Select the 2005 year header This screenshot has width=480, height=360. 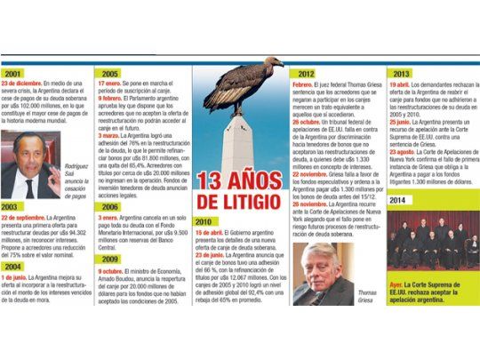[111, 73]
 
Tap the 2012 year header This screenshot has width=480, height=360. [308, 73]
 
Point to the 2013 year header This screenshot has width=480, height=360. [402, 73]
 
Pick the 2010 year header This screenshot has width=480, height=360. [204, 220]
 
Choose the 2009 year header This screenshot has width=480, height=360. [111, 259]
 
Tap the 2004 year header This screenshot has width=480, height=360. [14, 266]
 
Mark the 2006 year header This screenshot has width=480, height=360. [111, 205]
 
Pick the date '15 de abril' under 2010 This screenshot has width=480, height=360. [211, 230]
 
